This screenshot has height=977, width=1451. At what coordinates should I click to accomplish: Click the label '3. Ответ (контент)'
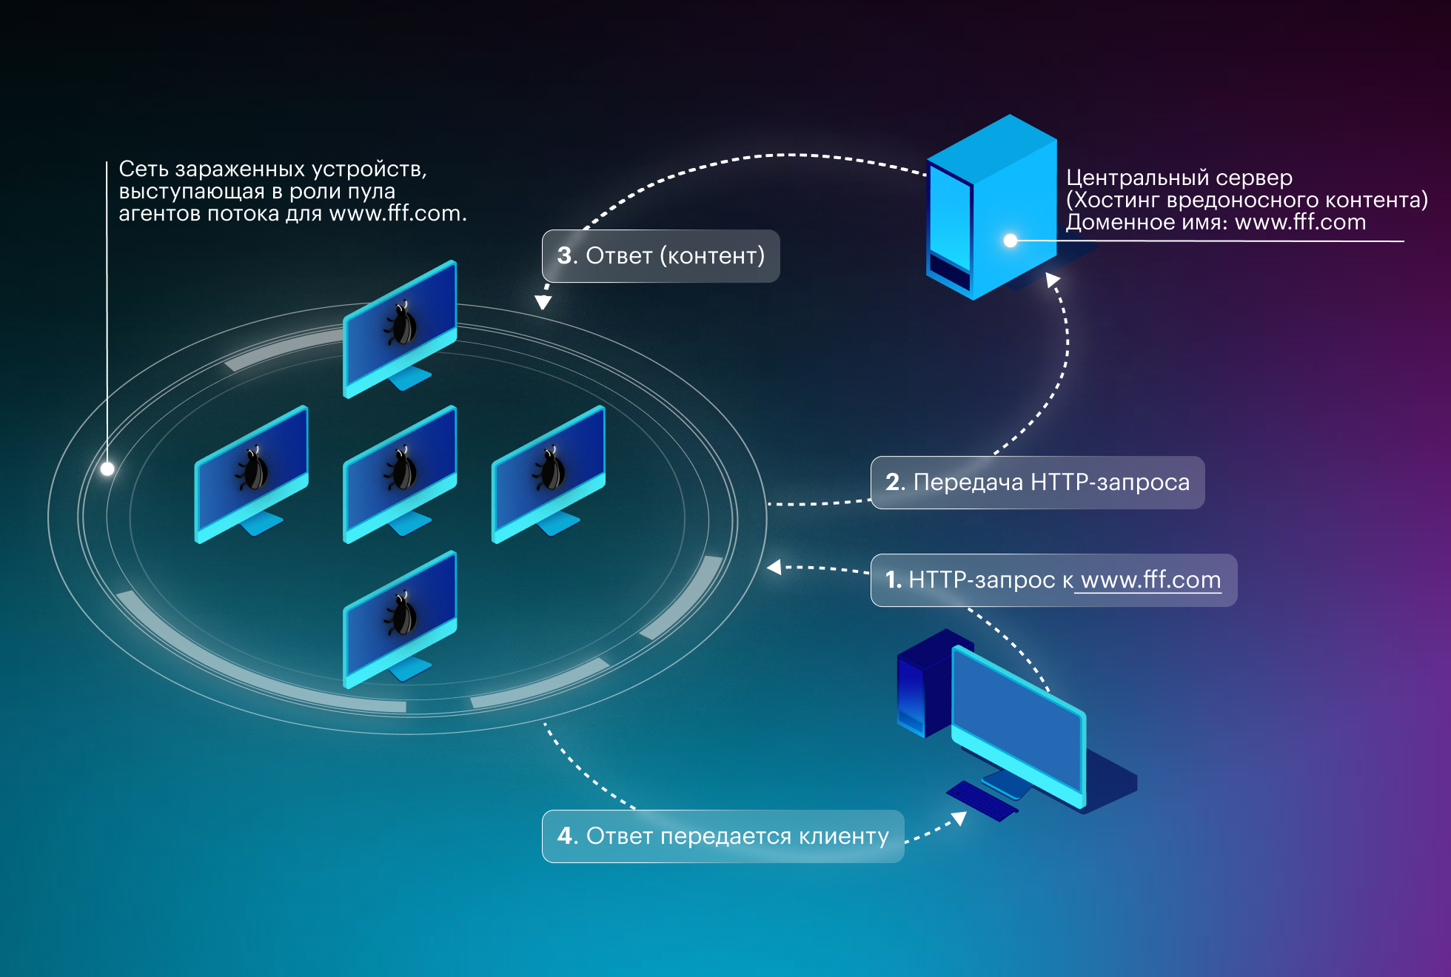[x=660, y=256]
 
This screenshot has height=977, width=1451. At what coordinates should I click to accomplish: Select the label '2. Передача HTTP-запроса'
[x=1037, y=483]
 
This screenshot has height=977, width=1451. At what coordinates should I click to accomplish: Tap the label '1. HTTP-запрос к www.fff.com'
[x=1053, y=580]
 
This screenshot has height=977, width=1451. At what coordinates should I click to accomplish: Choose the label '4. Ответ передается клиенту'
[x=723, y=836]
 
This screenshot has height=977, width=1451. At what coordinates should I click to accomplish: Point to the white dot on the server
[x=1011, y=241]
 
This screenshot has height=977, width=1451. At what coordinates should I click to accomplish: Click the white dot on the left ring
[x=107, y=469]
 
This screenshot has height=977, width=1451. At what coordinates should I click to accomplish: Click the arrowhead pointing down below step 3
[x=543, y=302]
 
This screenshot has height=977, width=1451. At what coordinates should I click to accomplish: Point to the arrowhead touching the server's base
[x=1052, y=279]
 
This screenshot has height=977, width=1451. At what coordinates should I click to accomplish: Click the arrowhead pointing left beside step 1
[x=775, y=568]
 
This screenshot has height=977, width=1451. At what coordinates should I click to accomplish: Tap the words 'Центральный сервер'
[x=1179, y=178]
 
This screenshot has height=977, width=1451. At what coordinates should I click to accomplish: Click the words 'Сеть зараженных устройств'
[x=272, y=169]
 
